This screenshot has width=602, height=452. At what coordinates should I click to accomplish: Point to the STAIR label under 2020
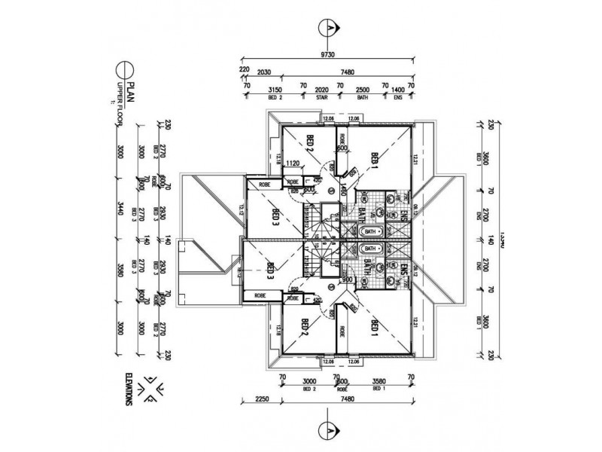322,98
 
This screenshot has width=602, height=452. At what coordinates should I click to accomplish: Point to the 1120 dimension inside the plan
293,163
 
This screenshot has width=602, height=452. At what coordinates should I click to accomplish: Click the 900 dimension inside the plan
347,279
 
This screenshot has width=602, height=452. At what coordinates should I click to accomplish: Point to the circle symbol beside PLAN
132,76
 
